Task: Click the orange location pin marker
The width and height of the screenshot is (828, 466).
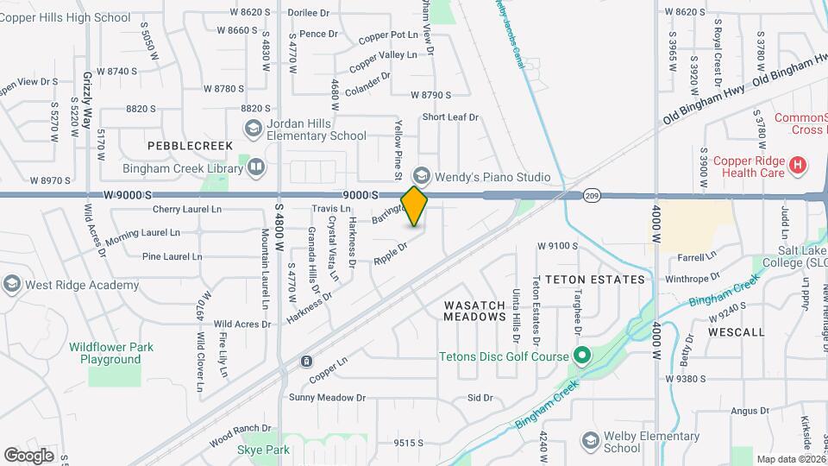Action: [415, 206]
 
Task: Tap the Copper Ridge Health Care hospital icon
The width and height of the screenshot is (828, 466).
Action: [798, 164]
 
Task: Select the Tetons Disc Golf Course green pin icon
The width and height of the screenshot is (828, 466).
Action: [582, 356]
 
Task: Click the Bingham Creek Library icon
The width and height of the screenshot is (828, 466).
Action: [256, 167]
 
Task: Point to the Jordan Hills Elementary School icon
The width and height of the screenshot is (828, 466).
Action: [253, 129]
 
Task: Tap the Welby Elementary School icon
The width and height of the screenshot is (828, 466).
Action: [590, 442]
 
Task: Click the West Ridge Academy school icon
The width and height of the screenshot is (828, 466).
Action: [11, 285]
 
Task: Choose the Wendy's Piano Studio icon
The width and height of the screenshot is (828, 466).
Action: [421, 177]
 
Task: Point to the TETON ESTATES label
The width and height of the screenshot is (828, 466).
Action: [588, 280]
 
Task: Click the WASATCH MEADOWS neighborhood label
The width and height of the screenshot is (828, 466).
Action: [474, 311]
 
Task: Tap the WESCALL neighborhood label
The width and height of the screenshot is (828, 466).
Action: [736, 331]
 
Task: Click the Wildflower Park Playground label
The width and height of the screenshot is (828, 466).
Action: [111, 353]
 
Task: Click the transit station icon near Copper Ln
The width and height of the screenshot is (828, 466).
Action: [306, 361]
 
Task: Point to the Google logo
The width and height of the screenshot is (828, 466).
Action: [28, 455]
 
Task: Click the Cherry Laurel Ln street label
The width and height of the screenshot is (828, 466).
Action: [187, 210]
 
